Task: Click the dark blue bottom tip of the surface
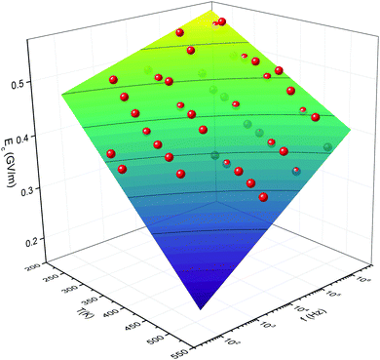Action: click(x=202, y=308)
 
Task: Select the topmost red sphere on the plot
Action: click(x=222, y=21)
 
